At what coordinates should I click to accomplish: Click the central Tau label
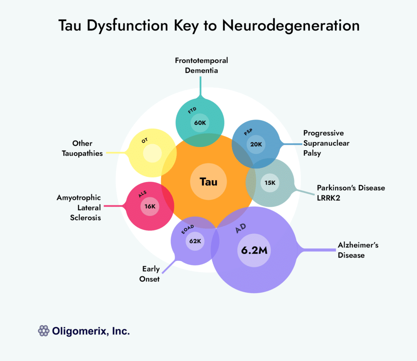click(208, 182)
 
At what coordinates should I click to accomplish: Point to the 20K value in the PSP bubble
click(257, 144)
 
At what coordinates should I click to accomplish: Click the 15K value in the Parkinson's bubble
click(270, 183)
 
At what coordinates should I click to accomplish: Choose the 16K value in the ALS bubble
click(150, 206)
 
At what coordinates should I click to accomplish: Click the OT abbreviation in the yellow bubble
click(145, 140)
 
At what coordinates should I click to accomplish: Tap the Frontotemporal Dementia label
click(202, 65)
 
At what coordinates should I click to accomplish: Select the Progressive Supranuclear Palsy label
click(324, 143)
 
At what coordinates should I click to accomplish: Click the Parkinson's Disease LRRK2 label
click(351, 193)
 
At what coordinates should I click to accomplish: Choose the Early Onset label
click(151, 274)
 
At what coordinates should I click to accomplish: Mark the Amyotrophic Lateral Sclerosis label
click(79, 208)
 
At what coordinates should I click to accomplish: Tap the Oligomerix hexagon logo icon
click(44, 331)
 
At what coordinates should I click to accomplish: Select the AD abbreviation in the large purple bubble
click(241, 229)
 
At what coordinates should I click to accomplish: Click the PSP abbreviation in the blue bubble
click(248, 133)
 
